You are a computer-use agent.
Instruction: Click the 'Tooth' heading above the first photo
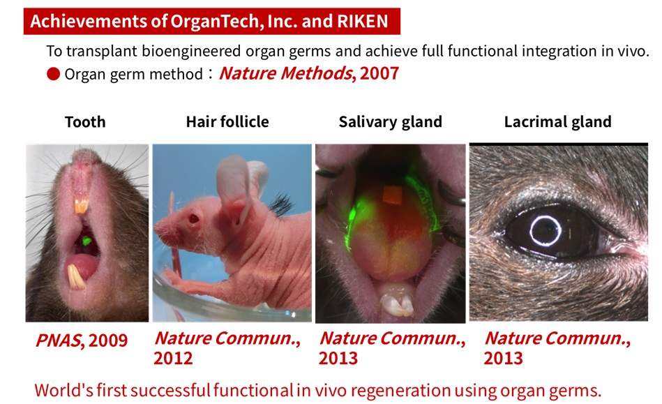85,122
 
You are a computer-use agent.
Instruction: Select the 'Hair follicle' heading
227,122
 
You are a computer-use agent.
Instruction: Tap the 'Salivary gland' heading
390,122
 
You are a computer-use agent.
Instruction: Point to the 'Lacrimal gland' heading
557,122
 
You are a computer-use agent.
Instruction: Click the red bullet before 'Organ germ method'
53,73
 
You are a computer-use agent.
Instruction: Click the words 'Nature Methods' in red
284,73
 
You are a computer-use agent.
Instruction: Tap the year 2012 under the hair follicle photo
173,358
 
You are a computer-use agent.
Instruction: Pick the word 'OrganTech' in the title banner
212,21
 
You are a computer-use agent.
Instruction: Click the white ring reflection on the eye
544,230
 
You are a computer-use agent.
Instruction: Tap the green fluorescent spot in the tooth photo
87,241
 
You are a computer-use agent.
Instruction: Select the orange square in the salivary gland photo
393,197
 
